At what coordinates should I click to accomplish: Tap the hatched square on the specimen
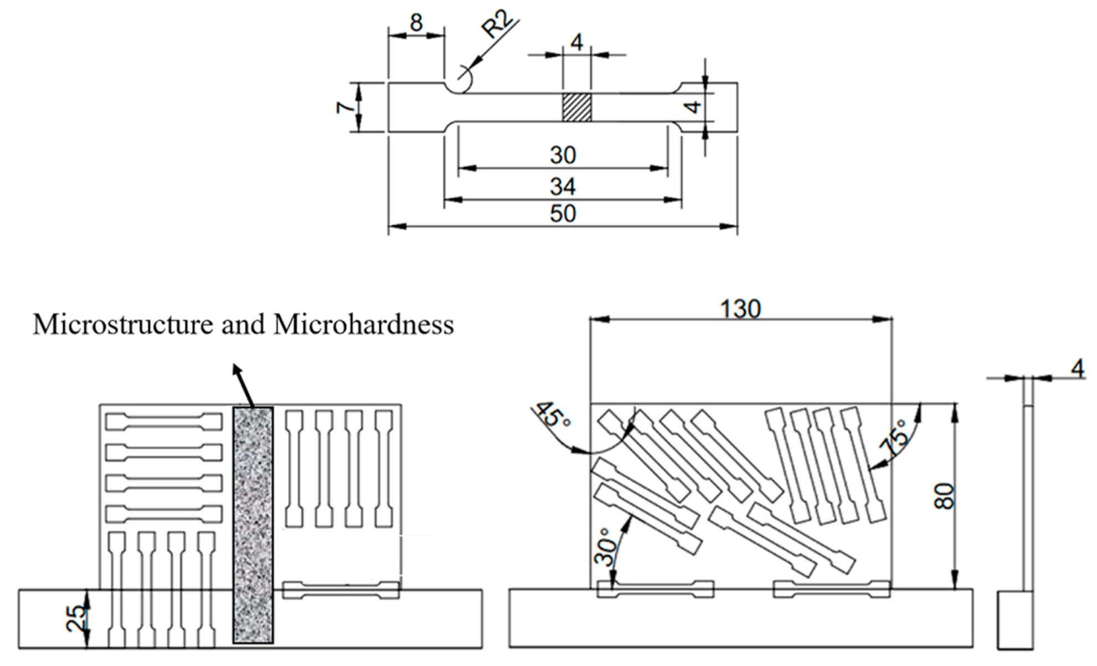pos(576,107)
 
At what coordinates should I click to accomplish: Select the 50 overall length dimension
pos(563,213)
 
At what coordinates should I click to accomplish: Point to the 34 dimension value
pos(563,186)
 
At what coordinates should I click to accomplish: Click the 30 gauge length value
pos(563,155)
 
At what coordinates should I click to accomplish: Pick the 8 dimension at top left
pos(416,23)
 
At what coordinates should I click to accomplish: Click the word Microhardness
pos(363,325)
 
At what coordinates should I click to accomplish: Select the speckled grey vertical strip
pos(253,525)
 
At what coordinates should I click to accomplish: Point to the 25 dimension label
pos(76,618)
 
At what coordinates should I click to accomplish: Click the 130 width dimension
pos(740,309)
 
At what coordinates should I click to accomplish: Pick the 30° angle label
pos(605,546)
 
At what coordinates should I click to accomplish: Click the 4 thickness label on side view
pos(1077,368)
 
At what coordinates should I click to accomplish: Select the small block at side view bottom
pos(1016,620)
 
